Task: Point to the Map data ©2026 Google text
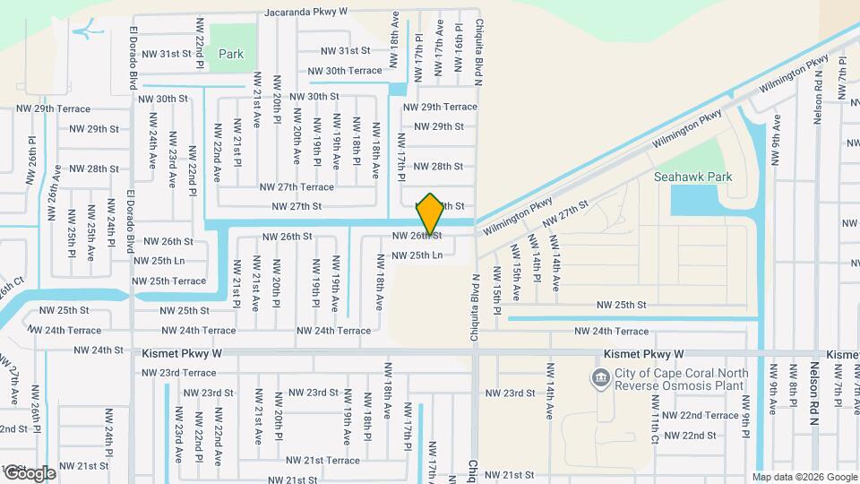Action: pos(804,477)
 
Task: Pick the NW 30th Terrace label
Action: pos(345,71)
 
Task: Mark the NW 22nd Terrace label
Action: pos(708,415)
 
